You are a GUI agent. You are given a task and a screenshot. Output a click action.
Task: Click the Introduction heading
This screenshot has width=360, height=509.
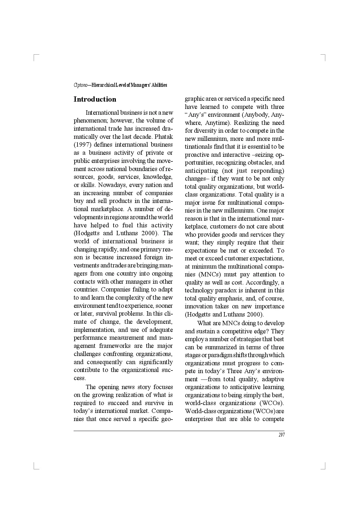click(x=95, y=99)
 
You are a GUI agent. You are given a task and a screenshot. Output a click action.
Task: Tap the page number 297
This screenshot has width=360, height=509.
click(x=281, y=435)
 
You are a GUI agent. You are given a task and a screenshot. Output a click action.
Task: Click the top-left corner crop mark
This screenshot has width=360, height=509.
click(x=35, y=57)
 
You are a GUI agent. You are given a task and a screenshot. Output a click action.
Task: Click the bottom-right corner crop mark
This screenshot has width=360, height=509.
click(x=324, y=467)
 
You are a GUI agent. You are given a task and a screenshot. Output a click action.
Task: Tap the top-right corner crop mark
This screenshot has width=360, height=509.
click(x=324, y=57)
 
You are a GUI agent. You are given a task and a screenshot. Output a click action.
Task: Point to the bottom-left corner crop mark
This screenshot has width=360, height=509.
click(x=35, y=467)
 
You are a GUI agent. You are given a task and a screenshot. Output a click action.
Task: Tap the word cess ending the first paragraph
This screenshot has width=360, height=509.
click(x=80, y=378)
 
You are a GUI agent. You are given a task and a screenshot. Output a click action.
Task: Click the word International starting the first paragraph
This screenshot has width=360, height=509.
click(x=102, y=113)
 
